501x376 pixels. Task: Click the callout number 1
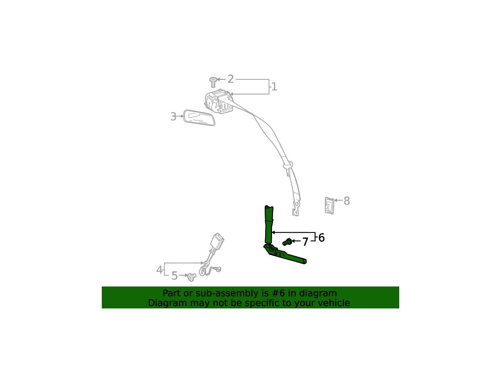click(274, 87)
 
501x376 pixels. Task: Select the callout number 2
click(230, 79)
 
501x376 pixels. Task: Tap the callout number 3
click(173, 117)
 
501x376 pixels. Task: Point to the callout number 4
click(159, 270)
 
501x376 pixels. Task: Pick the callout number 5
click(175, 276)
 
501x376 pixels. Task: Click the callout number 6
click(321, 238)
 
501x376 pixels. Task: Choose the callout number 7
click(305, 242)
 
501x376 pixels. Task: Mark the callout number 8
click(347, 201)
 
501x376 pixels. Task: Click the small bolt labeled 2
click(213, 82)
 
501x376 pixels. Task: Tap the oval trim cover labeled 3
click(199, 117)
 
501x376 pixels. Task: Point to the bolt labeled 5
click(191, 277)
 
